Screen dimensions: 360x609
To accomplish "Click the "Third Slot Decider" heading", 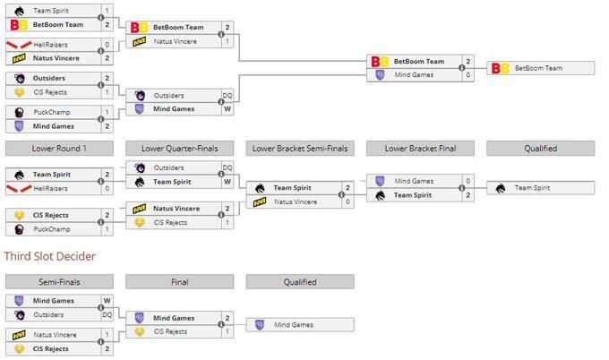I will [49, 256].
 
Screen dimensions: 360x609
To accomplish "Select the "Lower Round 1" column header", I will [59, 149].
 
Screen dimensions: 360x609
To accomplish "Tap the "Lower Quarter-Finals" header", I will [180, 149].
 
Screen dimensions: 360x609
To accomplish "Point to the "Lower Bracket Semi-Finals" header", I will [300, 149].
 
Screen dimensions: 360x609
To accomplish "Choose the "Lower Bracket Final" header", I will [420, 149].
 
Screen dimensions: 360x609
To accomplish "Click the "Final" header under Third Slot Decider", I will [180, 282].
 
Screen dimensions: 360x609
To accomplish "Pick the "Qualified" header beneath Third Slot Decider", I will [300, 282].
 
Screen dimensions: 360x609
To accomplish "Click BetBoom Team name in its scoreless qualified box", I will [541, 68].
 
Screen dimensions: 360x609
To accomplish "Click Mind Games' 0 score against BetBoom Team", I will [467, 75].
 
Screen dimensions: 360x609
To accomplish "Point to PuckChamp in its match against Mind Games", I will [53, 112].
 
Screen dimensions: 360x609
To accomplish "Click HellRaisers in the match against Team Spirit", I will [54, 188].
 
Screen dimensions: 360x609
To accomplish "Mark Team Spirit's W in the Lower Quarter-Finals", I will [227, 182].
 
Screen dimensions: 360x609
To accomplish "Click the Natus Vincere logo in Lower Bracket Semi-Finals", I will [259, 201].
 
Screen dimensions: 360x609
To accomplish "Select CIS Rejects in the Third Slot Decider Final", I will [171, 331].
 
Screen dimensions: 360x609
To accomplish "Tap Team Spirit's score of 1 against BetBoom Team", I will [107, 11].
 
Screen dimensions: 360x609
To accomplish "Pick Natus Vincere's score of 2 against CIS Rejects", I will [227, 209].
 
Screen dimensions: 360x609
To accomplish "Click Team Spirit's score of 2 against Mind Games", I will [467, 194].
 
